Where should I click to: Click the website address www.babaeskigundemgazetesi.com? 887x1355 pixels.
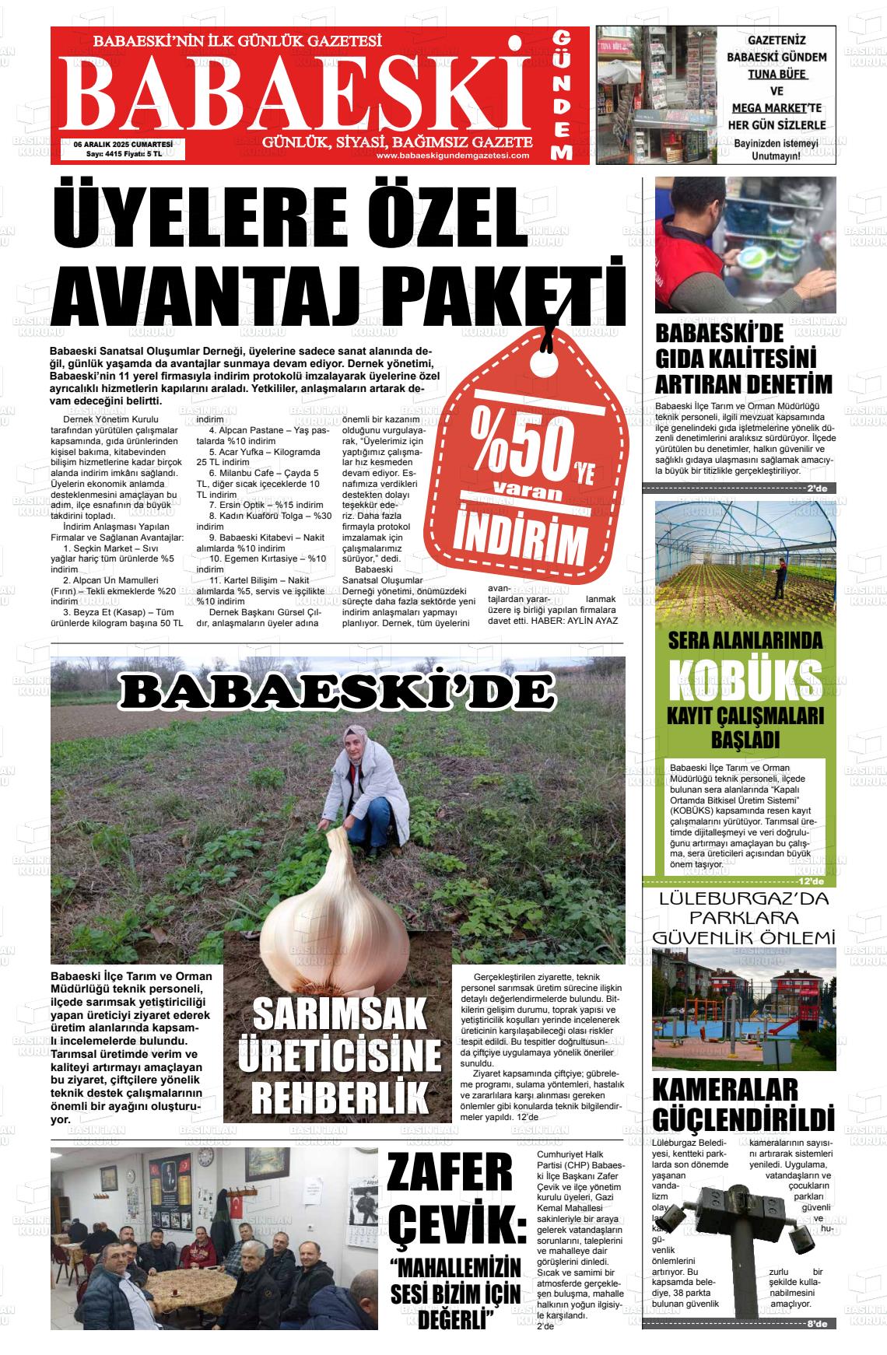pyautogui.click(x=452, y=156)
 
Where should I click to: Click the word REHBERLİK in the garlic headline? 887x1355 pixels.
pyautogui.click(x=340, y=1095)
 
